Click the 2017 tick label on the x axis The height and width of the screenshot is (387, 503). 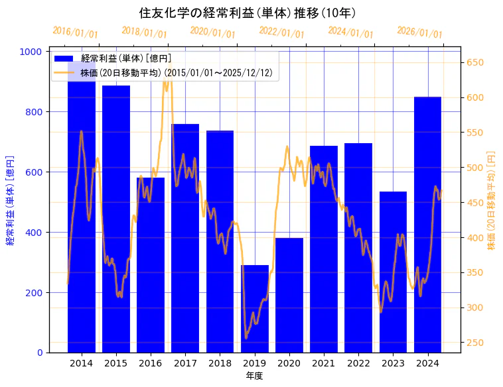click(x=185, y=363)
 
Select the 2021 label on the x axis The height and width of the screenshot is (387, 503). click(x=324, y=363)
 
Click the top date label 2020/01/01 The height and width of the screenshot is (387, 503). click(x=212, y=32)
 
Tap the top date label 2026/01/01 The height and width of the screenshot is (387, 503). click(x=419, y=32)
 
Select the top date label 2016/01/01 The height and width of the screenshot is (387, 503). click(x=75, y=32)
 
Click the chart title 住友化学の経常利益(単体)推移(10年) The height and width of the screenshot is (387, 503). click(x=248, y=13)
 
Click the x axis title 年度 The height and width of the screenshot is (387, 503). click(x=254, y=376)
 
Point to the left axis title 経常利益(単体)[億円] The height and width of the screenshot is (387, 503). click(x=10, y=201)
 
